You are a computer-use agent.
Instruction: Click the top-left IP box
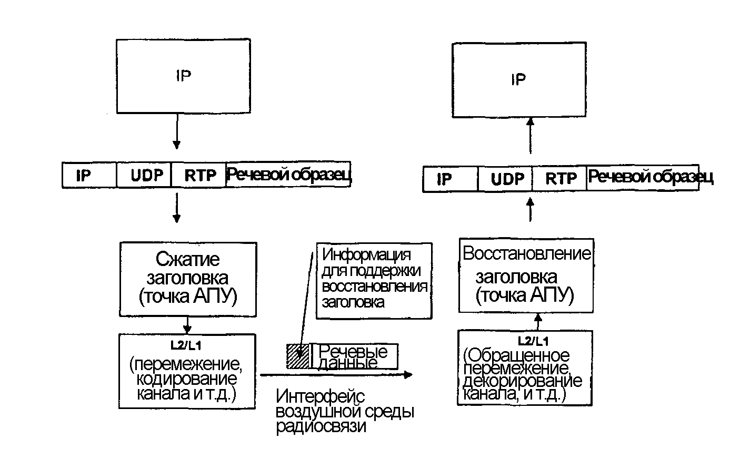click(183, 76)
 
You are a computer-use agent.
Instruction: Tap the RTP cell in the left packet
click(200, 175)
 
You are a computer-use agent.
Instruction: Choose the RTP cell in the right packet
click(561, 179)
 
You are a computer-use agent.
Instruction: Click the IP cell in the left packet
click(84, 175)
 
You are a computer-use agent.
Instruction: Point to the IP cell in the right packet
click(445, 179)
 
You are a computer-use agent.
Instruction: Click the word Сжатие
click(187, 259)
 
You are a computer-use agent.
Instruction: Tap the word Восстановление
click(527, 253)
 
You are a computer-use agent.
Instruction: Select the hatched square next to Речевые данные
click(297, 356)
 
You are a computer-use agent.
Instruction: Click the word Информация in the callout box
click(366, 255)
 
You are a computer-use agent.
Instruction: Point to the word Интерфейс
click(320, 395)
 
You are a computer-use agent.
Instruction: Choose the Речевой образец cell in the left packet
click(288, 175)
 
